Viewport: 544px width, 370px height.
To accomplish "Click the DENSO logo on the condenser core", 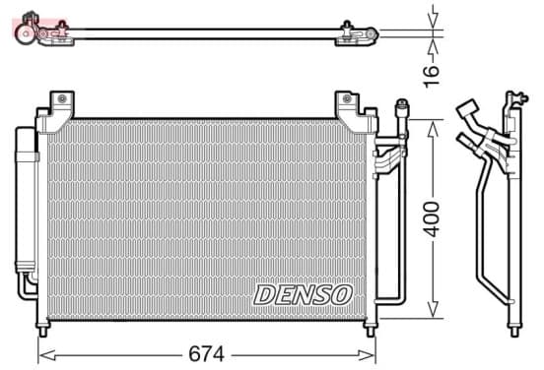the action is click(x=303, y=295).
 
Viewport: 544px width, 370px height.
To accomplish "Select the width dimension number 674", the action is click(x=206, y=354).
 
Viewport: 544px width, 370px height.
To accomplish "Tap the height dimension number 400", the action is click(x=432, y=219).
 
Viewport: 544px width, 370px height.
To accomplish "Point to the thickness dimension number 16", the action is click(x=431, y=76).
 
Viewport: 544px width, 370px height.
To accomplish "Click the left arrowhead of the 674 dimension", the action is click(x=47, y=355).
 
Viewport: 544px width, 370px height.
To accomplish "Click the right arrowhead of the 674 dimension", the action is click(x=367, y=355).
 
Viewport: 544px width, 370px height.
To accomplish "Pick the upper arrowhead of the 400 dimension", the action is click(x=433, y=129).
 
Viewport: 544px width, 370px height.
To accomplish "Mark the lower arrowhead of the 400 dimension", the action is click(x=433, y=309).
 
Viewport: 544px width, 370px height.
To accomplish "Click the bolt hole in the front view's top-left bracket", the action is click(x=62, y=98).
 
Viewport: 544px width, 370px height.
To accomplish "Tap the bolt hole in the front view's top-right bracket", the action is click(x=347, y=98).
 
